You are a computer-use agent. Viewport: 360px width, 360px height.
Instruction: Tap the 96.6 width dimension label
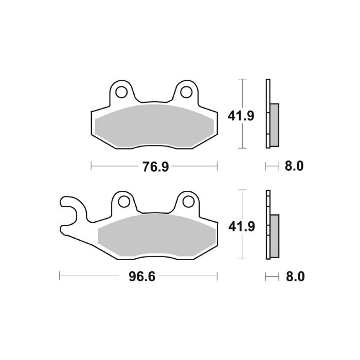[x=141, y=277]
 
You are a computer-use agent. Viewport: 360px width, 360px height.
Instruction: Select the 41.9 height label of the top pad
[x=241, y=116]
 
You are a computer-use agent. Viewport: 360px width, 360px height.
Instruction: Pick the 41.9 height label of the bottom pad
[x=241, y=225]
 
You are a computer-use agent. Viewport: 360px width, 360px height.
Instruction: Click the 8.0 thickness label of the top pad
[x=294, y=166]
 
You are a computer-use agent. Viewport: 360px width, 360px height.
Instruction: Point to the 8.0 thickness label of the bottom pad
[x=294, y=277]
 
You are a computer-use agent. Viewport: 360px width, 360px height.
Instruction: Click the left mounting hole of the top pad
[x=122, y=93]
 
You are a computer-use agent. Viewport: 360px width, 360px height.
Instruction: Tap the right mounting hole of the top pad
[x=187, y=93]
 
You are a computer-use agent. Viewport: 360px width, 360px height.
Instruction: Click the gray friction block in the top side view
[x=274, y=124]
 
